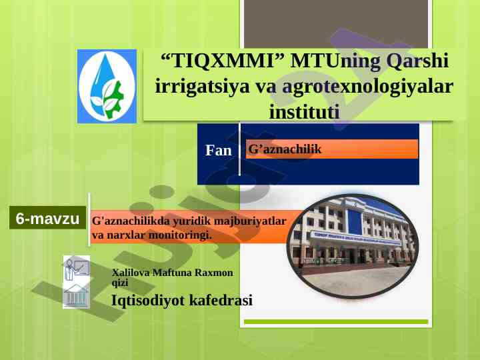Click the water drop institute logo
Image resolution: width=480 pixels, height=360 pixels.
pos(107,86)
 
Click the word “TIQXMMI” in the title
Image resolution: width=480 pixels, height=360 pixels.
pos(223,60)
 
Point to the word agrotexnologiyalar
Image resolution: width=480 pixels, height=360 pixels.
pos(367,87)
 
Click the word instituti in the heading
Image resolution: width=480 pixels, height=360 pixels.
pos(304,111)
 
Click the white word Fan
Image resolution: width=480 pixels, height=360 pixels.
pos(218,150)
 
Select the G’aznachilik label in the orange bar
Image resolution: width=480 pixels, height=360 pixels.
pos(285,149)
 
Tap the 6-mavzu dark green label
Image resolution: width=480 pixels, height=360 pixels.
pos(47,218)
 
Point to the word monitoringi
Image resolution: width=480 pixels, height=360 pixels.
pos(180,235)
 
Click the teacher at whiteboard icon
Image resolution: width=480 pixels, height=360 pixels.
pos(77,268)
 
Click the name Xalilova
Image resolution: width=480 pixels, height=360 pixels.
pos(131,273)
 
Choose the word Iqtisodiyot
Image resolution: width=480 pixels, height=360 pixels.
pos(148,300)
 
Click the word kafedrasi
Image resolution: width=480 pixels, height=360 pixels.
pos(221,300)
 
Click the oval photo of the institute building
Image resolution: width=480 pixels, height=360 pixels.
pos(353,246)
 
